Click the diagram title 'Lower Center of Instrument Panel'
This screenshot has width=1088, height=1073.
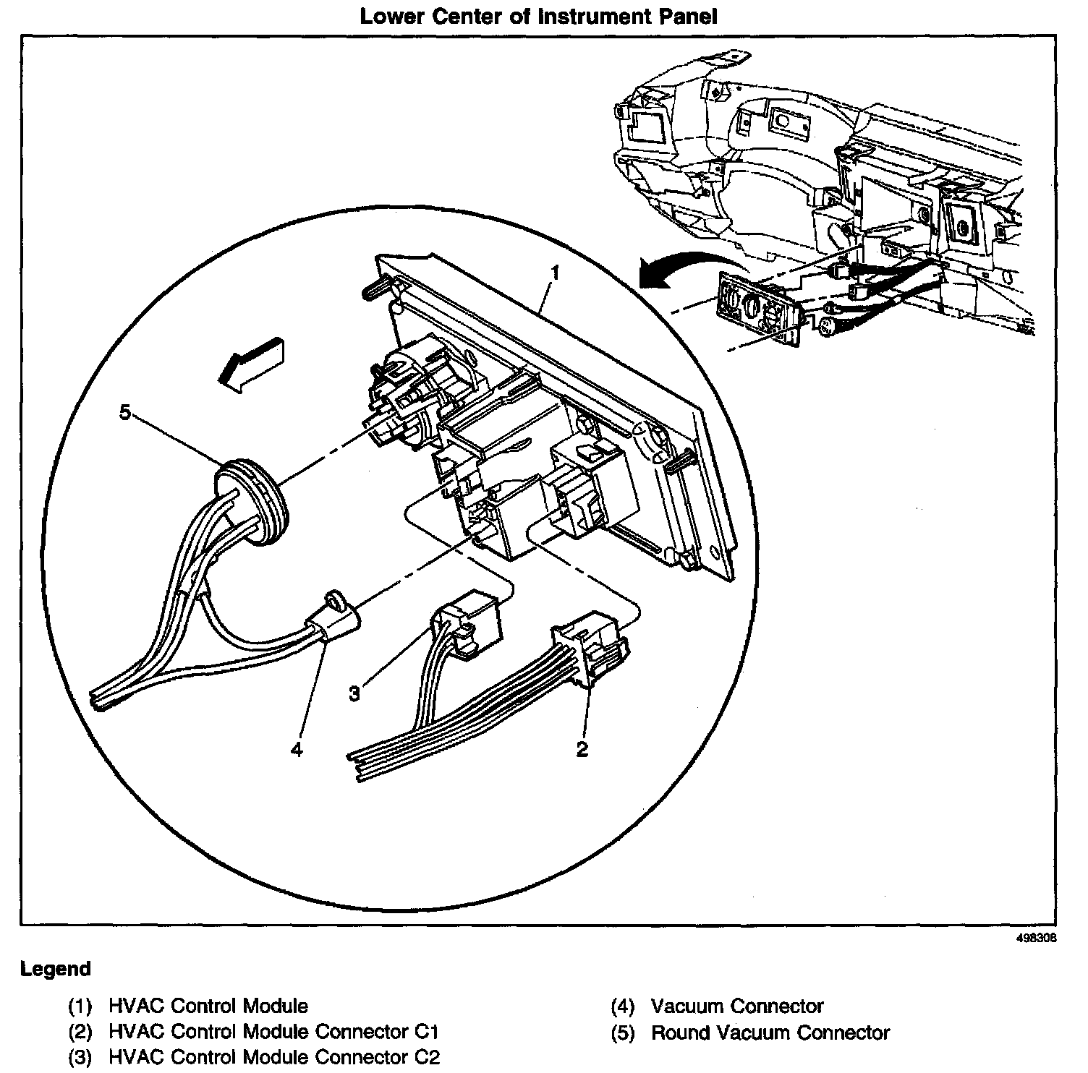(539, 16)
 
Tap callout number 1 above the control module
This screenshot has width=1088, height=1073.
(555, 273)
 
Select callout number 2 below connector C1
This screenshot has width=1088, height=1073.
(582, 748)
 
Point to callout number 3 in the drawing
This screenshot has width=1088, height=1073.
(354, 693)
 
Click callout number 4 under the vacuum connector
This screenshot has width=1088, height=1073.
(296, 749)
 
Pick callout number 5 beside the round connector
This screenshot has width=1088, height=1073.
(126, 413)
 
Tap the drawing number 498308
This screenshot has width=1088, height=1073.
(1037, 937)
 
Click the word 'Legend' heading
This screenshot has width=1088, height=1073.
(56, 969)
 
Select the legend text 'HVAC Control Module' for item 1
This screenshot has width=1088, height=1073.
(208, 1006)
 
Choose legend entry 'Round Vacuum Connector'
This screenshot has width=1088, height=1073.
(770, 1033)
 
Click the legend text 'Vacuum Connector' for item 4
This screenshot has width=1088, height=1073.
(737, 1006)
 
